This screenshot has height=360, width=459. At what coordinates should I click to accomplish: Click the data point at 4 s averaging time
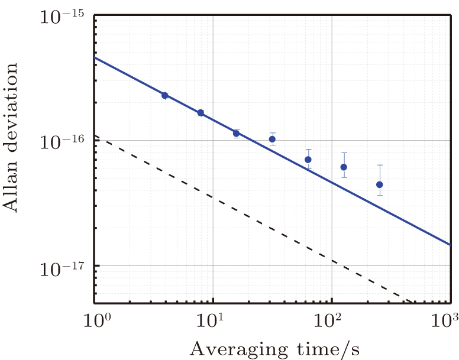pyautogui.click(x=165, y=95)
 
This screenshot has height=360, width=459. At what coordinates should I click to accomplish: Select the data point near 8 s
pyautogui.click(x=201, y=113)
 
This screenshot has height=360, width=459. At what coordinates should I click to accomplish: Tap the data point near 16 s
pyautogui.click(x=236, y=134)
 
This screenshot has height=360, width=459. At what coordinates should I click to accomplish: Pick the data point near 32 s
pyautogui.click(x=272, y=140)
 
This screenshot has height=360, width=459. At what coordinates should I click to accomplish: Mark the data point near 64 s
pyautogui.click(x=308, y=160)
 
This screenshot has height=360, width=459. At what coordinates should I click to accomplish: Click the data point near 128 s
pyautogui.click(x=344, y=167)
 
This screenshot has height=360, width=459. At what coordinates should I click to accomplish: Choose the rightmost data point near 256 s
pyautogui.click(x=380, y=184)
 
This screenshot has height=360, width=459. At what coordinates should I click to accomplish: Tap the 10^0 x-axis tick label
pyautogui.click(x=96, y=322)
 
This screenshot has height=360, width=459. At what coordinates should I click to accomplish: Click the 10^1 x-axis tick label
pyautogui.click(x=213, y=322)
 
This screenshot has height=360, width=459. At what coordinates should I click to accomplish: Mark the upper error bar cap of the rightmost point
pyautogui.click(x=380, y=165)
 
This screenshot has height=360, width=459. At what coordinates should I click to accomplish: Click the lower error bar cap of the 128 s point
pyautogui.click(x=344, y=178)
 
